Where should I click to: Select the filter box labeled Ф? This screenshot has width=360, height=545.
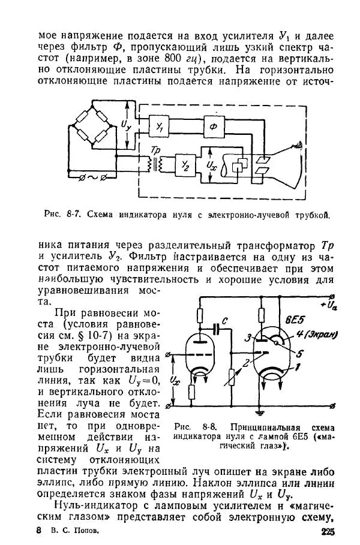point(212,125)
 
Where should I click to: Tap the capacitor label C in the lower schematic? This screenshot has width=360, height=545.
point(223,322)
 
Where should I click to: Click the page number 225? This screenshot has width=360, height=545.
point(328,531)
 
